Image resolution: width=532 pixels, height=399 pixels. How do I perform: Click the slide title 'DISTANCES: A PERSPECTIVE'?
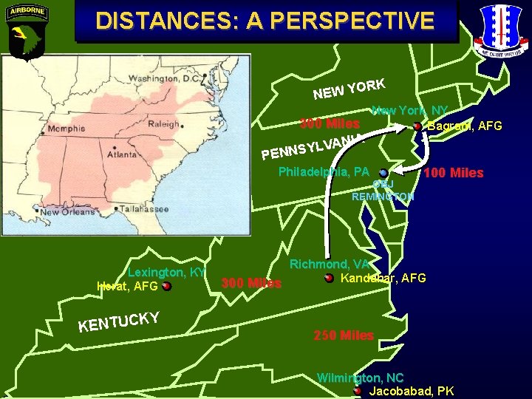click(x=265, y=21)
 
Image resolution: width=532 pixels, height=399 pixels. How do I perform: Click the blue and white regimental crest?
click(x=503, y=29)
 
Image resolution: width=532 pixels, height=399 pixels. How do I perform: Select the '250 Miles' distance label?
click(x=344, y=335)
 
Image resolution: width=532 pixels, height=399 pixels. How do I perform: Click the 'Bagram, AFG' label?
click(x=465, y=126)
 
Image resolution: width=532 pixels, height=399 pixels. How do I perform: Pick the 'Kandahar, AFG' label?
click(x=383, y=278)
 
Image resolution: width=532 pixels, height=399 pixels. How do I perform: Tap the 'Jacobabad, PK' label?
click(x=412, y=391)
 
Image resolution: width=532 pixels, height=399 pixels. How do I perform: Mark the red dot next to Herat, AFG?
click(x=166, y=286)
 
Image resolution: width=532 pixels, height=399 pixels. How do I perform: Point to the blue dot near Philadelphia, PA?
click(x=383, y=174)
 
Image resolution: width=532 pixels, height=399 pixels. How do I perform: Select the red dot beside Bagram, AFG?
click(x=417, y=126)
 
